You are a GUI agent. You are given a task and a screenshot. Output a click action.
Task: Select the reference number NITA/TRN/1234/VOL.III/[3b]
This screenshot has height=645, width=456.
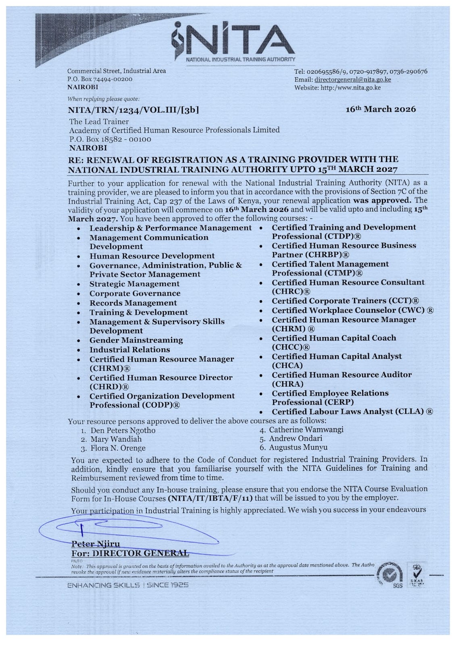tap(133, 110)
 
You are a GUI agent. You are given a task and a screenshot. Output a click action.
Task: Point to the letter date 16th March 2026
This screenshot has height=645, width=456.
tap(381, 109)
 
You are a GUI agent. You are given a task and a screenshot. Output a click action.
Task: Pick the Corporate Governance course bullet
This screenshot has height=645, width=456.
tap(135, 293)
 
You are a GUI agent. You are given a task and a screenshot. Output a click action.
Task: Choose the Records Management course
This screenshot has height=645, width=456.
tap(133, 303)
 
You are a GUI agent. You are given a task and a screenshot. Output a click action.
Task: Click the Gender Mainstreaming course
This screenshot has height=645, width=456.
tap(136, 340)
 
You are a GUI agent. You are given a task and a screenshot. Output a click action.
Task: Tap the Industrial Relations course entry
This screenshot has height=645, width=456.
tap(129, 350)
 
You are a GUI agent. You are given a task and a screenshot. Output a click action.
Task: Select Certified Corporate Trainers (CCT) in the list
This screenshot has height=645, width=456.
tap(345, 301)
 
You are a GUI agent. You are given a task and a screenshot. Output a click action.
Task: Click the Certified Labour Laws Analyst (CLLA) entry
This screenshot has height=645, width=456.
tap(352, 412)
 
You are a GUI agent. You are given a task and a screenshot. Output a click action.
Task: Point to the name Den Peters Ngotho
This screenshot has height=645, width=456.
tap(123, 430)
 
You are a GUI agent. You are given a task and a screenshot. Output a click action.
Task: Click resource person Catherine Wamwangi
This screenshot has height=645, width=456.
tap(306, 429)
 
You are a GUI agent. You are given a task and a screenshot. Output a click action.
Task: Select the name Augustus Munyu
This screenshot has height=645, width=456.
tap(298, 447)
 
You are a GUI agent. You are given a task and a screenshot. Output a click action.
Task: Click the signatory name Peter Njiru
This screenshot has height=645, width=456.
tap(96, 544)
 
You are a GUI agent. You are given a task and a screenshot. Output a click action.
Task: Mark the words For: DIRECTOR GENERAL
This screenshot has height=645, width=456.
tap(130, 553)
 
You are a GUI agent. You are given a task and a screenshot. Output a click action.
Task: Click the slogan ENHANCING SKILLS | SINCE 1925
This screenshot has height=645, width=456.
tap(128, 585)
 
